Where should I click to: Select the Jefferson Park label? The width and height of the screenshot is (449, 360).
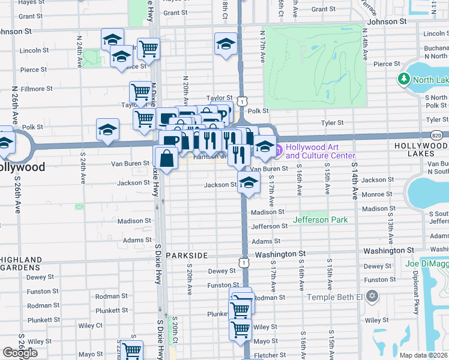(320, 220)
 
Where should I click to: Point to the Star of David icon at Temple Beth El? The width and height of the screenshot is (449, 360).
(372, 296)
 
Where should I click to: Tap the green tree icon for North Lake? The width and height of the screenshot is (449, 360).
(404, 80)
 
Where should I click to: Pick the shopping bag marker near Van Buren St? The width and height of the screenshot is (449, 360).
(166, 158)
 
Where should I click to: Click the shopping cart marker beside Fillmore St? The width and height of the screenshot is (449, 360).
(140, 92)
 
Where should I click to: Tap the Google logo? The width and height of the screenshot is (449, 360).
(20, 353)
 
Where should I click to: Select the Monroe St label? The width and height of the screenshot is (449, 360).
(377, 194)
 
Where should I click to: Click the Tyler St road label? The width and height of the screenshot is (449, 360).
(331, 122)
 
